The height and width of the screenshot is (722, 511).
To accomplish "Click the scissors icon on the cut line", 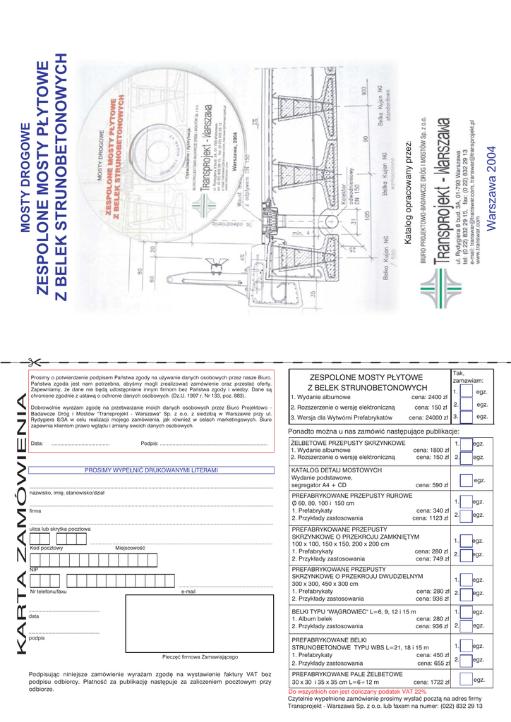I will [32, 362].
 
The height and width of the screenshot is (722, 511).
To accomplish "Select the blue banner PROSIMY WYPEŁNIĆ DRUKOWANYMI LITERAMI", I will [151, 470].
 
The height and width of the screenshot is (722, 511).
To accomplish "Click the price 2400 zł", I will [430, 397].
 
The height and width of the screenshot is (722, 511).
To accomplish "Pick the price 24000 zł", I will [428, 417].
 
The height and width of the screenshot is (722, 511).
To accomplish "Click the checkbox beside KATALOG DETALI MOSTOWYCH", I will [466, 481].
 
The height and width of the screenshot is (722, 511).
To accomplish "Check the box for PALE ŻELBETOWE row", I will [466, 680].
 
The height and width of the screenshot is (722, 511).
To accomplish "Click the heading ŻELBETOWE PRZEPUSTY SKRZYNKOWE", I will [348, 442].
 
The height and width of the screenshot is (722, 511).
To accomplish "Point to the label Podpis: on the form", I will [149, 443].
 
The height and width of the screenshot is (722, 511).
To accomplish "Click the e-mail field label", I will [188, 592].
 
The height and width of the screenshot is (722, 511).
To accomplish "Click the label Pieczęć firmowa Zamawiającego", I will [200, 656].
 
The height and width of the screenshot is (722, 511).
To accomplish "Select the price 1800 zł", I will [431, 450].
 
